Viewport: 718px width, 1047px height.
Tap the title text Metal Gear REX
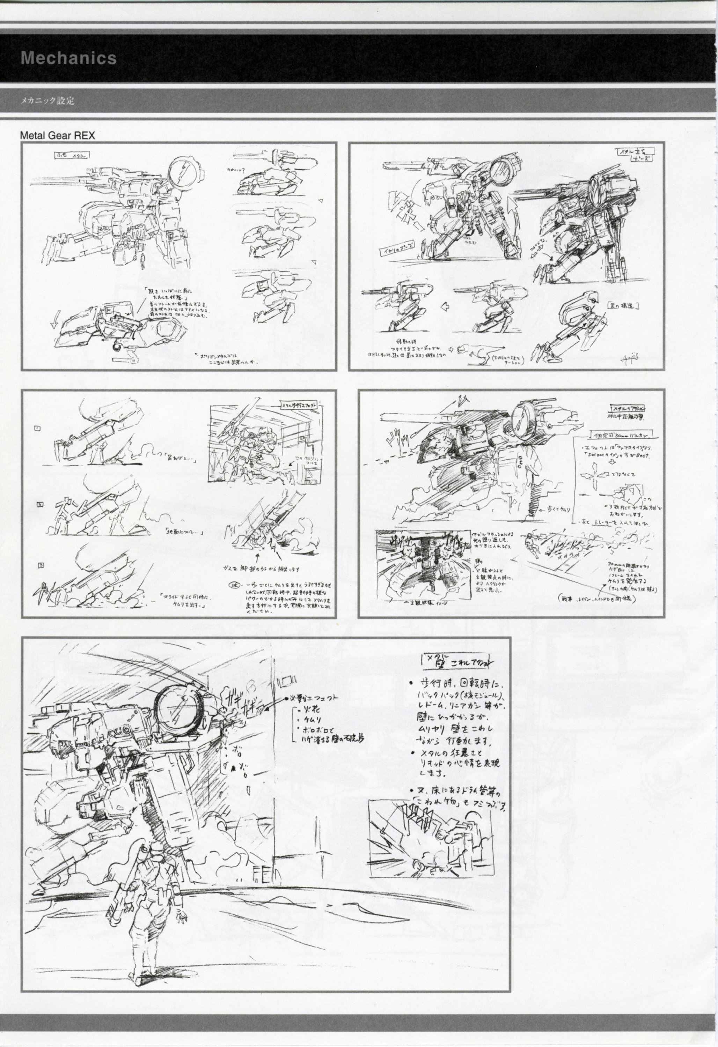(x=57, y=136)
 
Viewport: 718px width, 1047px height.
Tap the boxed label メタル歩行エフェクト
(x=300, y=404)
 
